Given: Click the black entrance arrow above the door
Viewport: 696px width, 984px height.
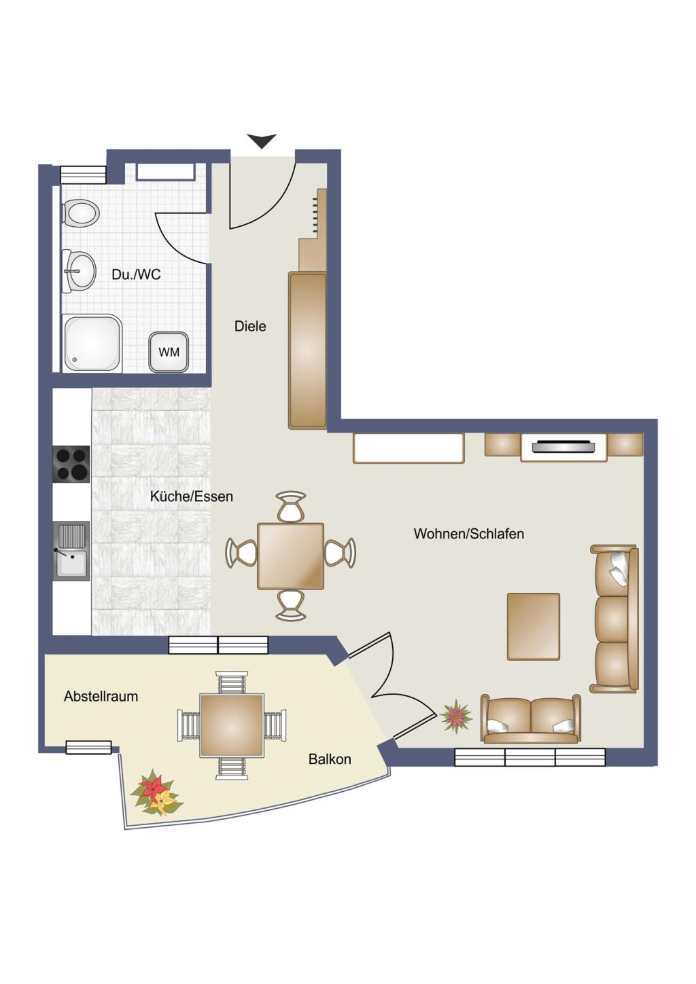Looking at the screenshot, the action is coord(262,141).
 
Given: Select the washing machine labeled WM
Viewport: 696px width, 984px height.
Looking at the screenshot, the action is coord(169,352).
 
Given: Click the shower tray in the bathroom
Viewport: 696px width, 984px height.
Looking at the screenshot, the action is coord(92,343).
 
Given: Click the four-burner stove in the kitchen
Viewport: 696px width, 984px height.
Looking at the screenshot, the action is coord(71,464).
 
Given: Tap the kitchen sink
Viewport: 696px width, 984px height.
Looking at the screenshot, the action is coord(71,551).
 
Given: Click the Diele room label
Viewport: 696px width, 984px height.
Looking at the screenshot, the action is coord(250,327).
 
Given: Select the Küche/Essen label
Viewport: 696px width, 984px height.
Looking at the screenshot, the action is coord(191,496).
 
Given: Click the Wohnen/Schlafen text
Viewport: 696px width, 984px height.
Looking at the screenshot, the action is coord(469,534).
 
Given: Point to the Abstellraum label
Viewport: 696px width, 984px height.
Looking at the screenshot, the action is coord(101,696).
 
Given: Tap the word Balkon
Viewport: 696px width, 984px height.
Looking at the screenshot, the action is coord(330,759).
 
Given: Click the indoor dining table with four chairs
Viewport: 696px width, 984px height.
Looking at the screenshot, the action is coord(291,555).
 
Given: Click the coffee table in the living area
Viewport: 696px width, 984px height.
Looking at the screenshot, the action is coord(534,626).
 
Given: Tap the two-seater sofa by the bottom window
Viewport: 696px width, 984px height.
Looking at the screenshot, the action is coord(531,718).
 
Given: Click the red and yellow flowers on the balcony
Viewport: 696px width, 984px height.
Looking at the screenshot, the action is coord(156,792).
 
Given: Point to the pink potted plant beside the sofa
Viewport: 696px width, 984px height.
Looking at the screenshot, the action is coord(456,716).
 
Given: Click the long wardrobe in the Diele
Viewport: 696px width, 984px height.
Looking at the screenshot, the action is coord(307,350).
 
